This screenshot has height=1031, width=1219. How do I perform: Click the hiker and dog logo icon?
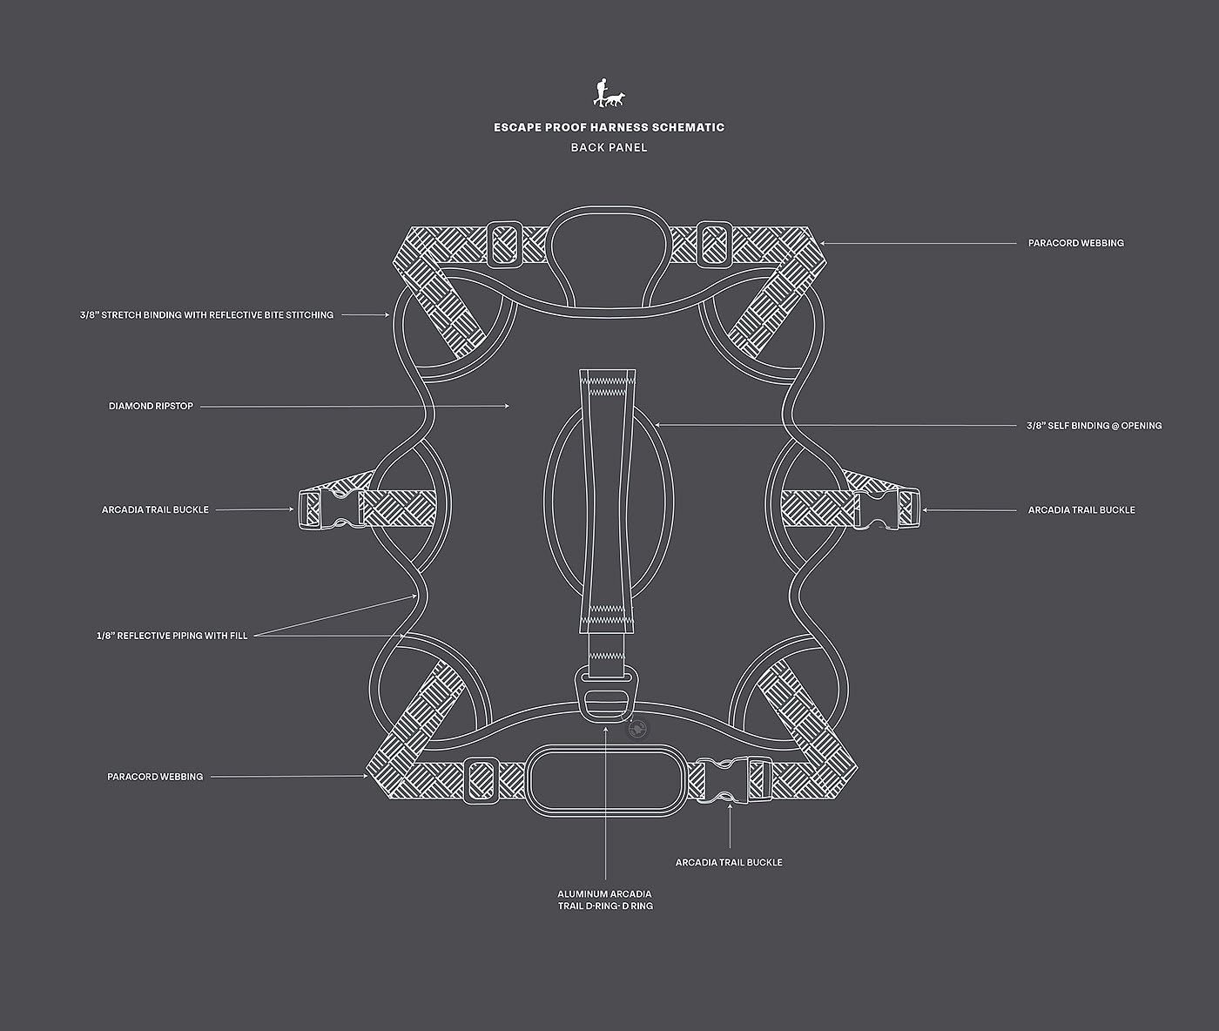(x=609, y=93)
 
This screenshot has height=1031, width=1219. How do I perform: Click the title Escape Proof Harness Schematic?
(x=609, y=127)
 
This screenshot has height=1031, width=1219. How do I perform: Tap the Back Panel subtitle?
(x=609, y=147)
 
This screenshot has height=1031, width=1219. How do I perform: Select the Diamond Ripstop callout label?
(x=151, y=406)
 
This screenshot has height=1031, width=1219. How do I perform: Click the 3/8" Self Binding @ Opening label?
(x=1094, y=426)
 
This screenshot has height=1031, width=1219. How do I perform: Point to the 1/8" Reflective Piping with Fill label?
(x=172, y=636)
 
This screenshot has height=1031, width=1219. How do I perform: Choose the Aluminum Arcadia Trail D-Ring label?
(x=605, y=900)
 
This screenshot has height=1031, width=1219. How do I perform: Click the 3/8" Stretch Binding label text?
(x=206, y=314)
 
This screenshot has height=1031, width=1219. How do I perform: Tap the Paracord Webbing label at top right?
(x=1075, y=243)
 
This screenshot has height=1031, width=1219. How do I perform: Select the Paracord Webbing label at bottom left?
(x=155, y=776)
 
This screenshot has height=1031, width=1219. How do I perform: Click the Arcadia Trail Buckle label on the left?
(x=155, y=509)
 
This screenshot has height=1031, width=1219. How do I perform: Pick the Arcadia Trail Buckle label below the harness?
(x=729, y=862)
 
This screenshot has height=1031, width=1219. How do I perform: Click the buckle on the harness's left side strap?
(x=329, y=509)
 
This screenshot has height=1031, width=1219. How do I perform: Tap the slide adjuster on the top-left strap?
(x=504, y=243)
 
